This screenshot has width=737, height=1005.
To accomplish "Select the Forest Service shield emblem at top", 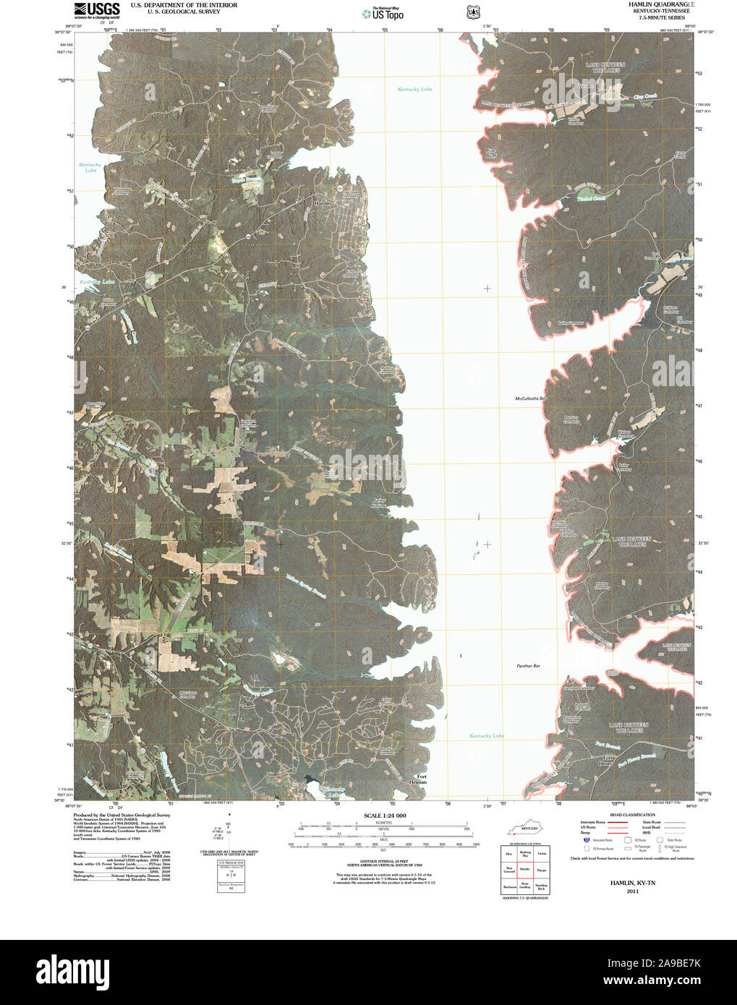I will [473, 12].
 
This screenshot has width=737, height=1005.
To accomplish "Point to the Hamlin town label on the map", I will [322, 203].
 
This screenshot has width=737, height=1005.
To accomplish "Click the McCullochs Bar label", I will [530, 398].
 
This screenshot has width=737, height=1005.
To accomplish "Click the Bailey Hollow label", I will [380, 503].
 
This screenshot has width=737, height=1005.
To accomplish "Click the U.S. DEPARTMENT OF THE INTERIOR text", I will [184, 5].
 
